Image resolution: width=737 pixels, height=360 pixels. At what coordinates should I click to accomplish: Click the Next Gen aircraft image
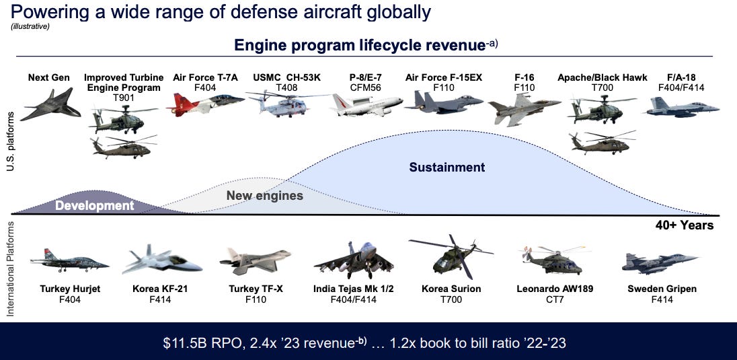point(50,104)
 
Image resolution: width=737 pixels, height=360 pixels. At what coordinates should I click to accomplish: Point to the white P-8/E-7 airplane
point(367,104)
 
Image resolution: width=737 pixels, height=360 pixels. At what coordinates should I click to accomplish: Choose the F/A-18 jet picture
point(683,107)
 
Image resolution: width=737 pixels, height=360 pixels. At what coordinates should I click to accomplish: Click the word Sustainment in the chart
point(447,167)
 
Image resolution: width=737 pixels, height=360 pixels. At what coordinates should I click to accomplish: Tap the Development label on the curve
point(94,206)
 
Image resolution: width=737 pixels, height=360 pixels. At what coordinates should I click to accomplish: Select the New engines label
point(265,195)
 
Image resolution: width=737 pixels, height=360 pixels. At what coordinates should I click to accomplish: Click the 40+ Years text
point(685,225)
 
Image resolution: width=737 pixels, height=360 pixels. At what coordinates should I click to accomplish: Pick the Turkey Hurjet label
point(70,289)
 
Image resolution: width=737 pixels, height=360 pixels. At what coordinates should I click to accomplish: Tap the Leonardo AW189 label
point(555,289)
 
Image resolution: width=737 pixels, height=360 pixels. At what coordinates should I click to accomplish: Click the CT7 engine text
point(555,299)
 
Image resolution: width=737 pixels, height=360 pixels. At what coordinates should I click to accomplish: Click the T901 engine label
point(124,98)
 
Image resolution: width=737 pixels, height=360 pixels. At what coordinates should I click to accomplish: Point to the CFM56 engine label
point(365,87)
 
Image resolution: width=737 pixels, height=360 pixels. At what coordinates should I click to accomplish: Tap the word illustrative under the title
point(30,26)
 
